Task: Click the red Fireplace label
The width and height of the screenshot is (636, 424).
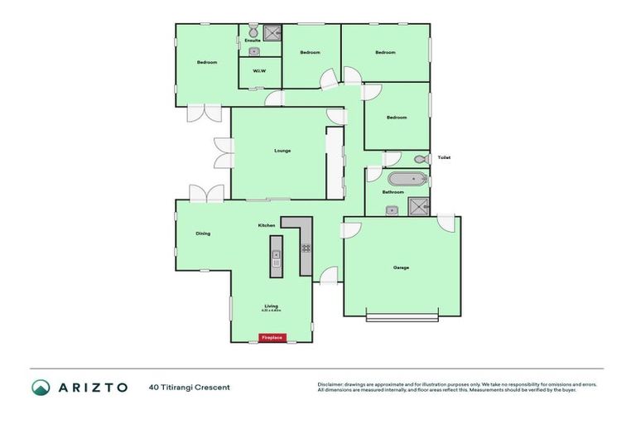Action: pyautogui.click(x=272, y=338)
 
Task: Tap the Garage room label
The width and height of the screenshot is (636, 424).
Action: pyautogui.click(x=401, y=267)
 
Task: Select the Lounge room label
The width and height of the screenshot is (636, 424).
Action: pyautogui.click(x=282, y=151)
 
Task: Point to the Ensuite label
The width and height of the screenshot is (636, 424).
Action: pyautogui.click(x=252, y=40)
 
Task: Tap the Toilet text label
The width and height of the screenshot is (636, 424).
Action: pyautogui.click(x=444, y=157)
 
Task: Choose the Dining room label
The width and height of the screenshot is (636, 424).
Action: pyautogui.click(x=203, y=234)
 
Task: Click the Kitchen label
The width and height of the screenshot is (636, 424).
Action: pyautogui.click(x=266, y=225)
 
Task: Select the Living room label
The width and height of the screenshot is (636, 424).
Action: pyautogui.click(x=272, y=306)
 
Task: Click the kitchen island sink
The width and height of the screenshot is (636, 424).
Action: pyautogui.click(x=277, y=264)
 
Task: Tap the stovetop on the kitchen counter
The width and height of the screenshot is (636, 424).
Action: pyautogui.click(x=305, y=248)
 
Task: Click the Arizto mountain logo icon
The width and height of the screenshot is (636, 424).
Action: pyautogui.click(x=41, y=387)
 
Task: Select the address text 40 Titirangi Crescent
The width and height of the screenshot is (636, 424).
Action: pyautogui.click(x=190, y=387)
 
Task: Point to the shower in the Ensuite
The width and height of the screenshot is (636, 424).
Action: pyautogui.click(x=272, y=34)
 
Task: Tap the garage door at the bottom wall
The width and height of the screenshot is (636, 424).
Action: pyautogui.click(x=402, y=318)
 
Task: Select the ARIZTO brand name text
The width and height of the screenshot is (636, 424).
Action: pyautogui.click(x=92, y=387)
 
